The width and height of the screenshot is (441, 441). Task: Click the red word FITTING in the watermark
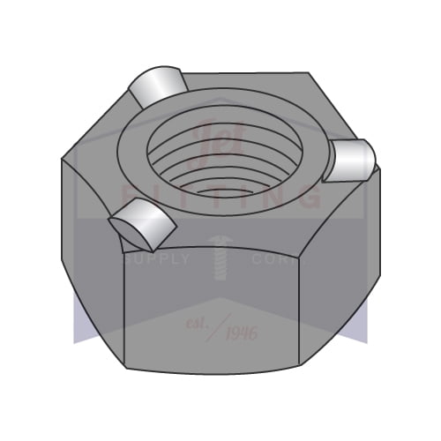(220, 196)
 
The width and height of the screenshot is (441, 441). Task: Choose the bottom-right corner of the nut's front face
(303, 364)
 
